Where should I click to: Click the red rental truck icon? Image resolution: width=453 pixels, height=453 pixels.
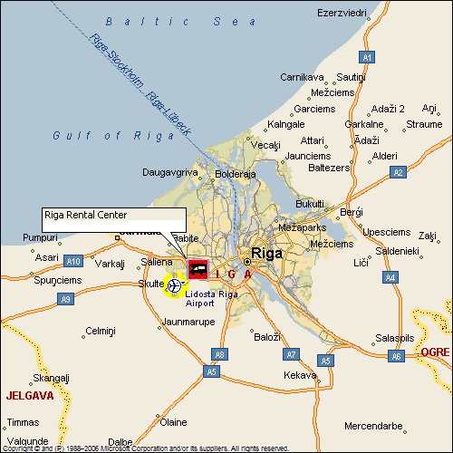(x=197, y=268)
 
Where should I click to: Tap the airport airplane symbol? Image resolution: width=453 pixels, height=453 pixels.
(x=174, y=286)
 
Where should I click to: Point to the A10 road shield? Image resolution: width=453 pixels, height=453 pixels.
(x=74, y=262)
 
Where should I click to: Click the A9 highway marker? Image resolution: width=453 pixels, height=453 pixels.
(x=64, y=298)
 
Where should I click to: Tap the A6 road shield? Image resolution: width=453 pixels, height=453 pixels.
(x=396, y=357)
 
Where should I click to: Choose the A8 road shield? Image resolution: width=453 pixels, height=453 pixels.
(x=218, y=354)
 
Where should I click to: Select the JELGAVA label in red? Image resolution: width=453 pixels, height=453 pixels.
(x=30, y=396)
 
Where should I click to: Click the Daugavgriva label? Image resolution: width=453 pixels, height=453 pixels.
(x=169, y=171)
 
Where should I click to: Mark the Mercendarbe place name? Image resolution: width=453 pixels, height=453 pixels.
(x=373, y=426)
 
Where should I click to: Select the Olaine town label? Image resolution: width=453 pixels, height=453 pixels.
(x=173, y=422)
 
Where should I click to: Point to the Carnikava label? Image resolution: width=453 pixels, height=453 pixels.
(x=301, y=78)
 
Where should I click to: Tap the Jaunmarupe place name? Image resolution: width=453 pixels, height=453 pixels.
(x=188, y=322)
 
